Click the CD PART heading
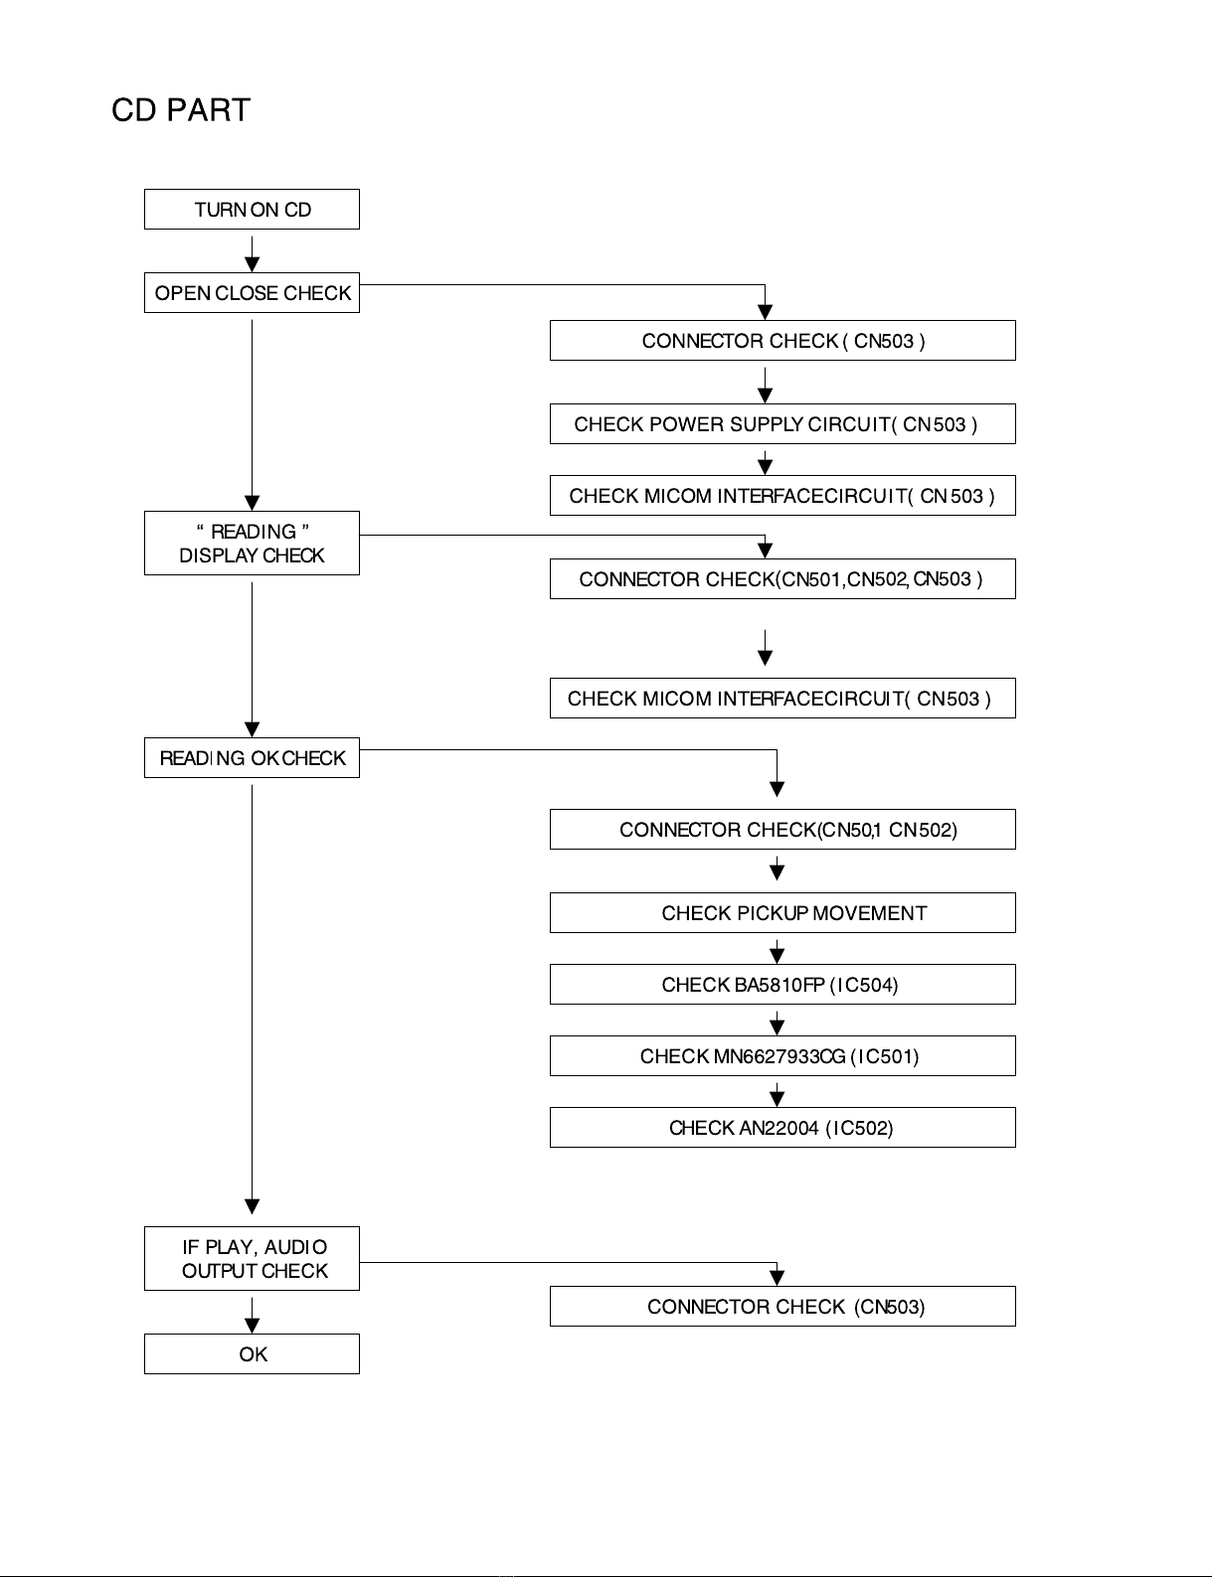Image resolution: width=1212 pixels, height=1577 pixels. click(181, 110)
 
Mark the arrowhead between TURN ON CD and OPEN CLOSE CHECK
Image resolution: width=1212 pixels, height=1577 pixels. click(252, 265)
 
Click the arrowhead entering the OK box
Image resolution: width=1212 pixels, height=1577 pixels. click(252, 1326)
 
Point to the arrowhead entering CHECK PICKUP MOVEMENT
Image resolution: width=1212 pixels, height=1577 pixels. click(778, 873)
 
